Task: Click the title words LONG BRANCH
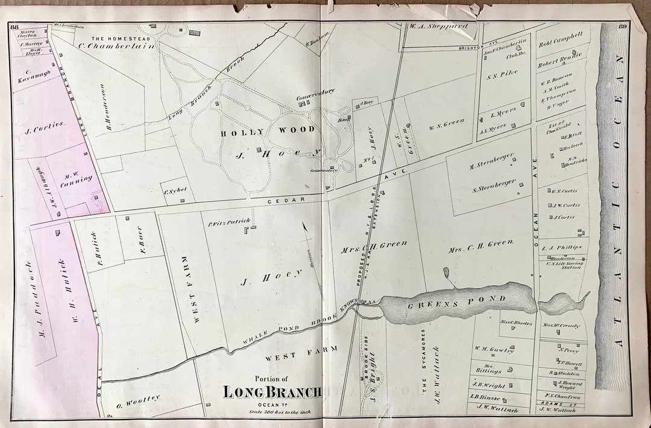pos(272,392)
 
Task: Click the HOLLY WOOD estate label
pos(267,130)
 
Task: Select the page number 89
pos(624,25)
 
